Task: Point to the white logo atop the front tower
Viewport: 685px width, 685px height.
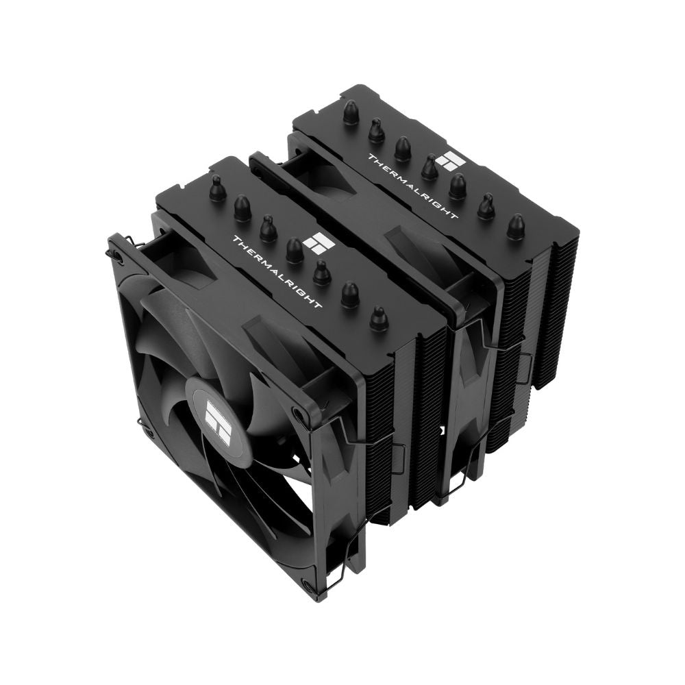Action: pyautogui.click(x=319, y=243)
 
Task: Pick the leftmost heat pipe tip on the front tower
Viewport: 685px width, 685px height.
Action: pyautogui.click(x=217, y=189)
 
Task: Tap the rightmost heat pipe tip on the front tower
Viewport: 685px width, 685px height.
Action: pyautogui.click(x=378, y=318)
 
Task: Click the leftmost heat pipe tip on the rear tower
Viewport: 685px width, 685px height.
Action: pyautogui.click(x=351, y=112)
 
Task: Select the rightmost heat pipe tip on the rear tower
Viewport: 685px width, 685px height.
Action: pyautogui.click(x=515, y=227)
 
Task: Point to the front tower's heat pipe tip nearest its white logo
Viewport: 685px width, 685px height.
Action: pyautogui.click(x=295, y=251)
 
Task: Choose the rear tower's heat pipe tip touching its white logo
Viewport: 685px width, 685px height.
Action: pyautogui.click(x=430, y=166)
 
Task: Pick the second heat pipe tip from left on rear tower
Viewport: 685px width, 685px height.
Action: pyautogui.click(x=376, y=129)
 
